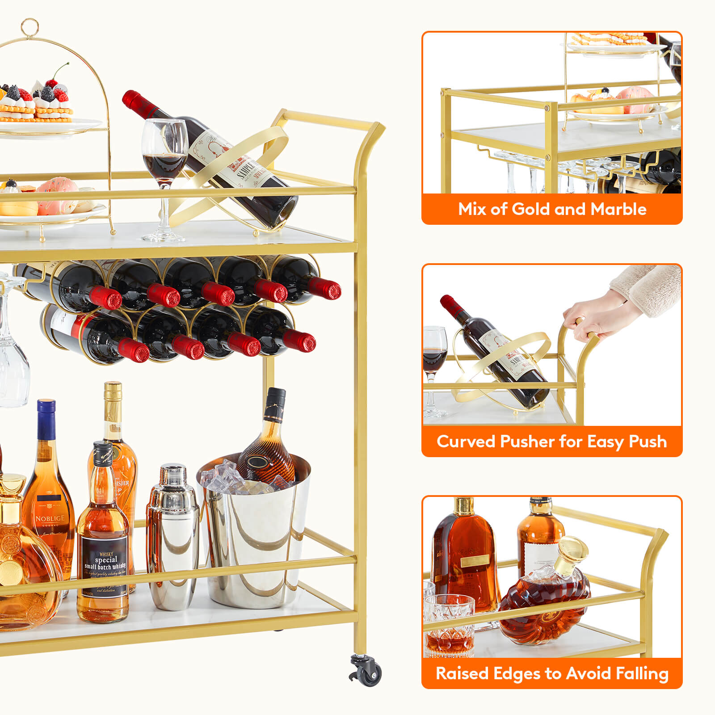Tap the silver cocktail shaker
[173, 536]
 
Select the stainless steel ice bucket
[255, 545]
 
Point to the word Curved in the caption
[466, 442]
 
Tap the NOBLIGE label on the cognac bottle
[50, 518]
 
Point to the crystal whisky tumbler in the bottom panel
[449, 626]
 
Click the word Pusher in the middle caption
[527, 442]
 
